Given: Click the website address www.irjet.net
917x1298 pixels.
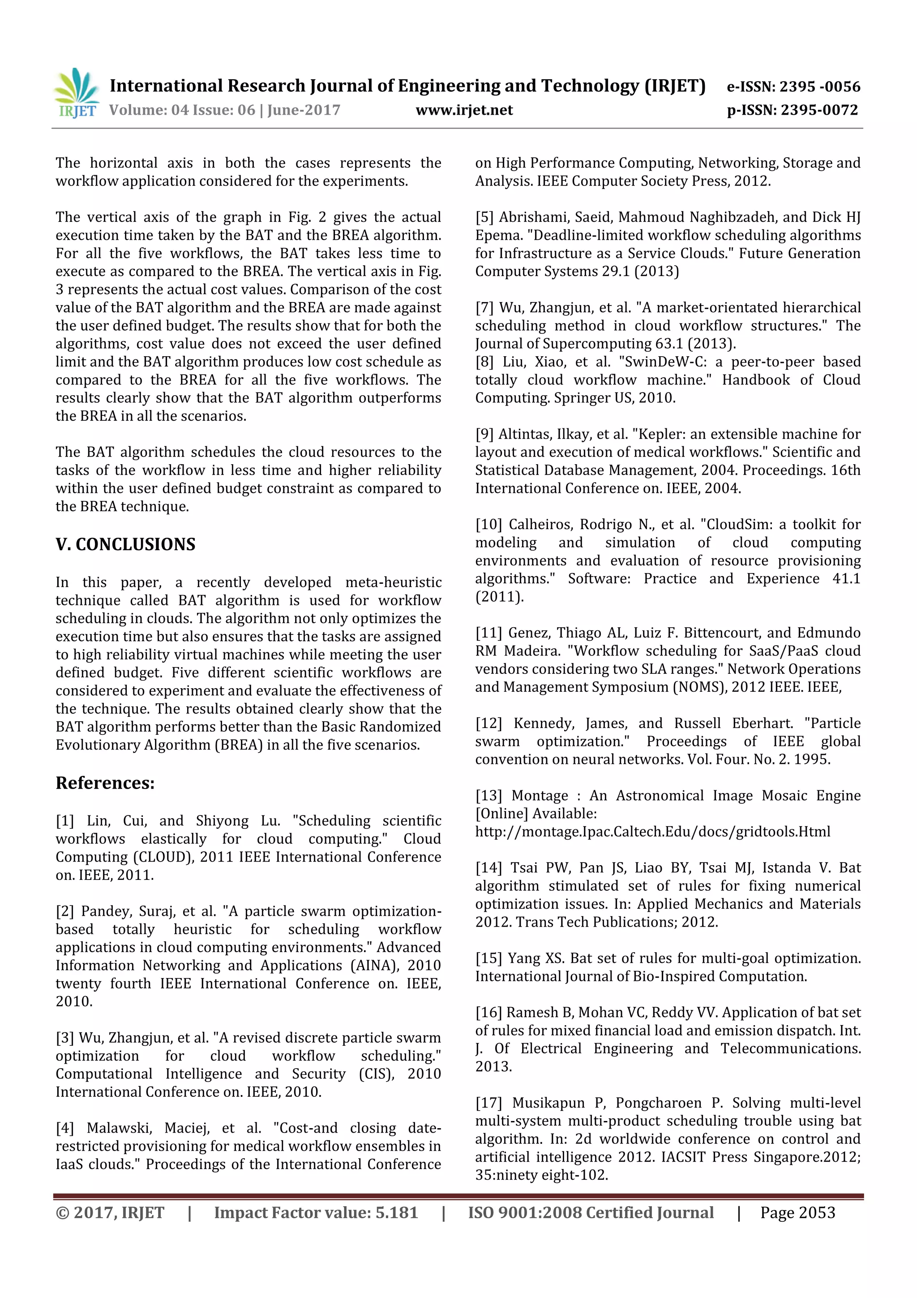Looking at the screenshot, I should tap(464, 110).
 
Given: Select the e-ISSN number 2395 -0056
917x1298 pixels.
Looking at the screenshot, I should tap(819, 86).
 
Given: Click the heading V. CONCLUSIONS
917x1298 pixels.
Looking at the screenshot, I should tap(125, 544).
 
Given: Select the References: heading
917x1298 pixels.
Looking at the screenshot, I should tap(105, 783).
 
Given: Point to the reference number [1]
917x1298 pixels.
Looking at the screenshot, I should tap(65, 821).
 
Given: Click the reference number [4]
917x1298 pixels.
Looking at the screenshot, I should tap(65, 1128).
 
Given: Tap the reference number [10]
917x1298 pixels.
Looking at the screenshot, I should tap(488, 525).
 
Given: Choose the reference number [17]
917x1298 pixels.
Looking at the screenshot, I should tap(488, 1103).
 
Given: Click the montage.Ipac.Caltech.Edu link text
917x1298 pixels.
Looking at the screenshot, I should tap(652, 832).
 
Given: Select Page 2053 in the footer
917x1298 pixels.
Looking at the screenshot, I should tap(797, 1212).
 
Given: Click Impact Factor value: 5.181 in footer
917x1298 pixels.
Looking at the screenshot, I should tap(316, 1212).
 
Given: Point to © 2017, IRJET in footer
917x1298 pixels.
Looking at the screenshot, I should tap(110, 1212).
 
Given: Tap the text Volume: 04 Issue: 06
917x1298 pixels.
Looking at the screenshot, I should tap(182, 110).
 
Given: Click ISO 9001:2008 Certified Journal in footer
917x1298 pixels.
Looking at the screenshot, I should tap(591, 1212).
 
